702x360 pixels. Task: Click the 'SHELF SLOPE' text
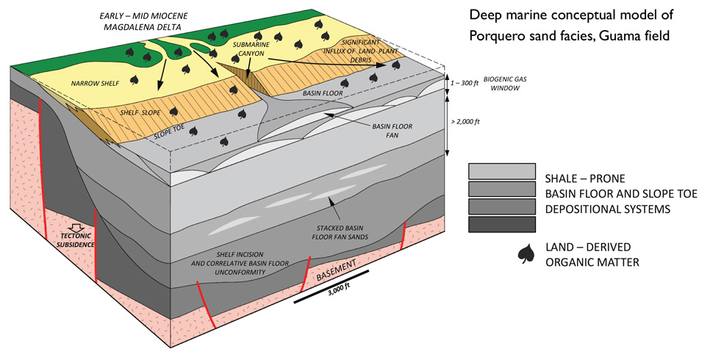click(140, 113)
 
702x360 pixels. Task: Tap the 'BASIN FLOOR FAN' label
click(391, 131)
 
